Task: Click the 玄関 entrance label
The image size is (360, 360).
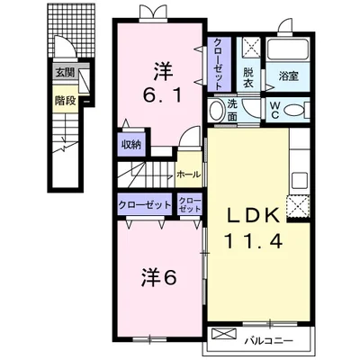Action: pos(66,73)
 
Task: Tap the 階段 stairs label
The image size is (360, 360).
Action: pos(65,101)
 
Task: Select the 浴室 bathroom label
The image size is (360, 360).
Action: pos(288,76)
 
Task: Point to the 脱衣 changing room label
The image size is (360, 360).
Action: pos(248,77)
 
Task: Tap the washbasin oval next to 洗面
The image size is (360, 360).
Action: pos(215,111)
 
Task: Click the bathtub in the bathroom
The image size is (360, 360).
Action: pos(288,49)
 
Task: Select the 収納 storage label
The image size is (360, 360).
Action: pos(131,145)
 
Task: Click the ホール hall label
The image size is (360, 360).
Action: pos(188,175)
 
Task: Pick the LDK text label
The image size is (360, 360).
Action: pos(253,215)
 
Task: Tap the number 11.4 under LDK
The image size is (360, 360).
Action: pos(254,240)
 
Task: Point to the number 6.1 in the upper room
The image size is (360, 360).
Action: pos(162,95)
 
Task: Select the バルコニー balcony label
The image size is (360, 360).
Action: pos(268,341)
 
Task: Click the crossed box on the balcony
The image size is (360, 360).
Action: pos(224,334)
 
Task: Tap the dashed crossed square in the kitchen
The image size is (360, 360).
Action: pos(298,206)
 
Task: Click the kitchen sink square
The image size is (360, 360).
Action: pos(299,180)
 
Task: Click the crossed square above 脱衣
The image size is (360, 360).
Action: pos(250,47)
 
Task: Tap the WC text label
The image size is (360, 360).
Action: pos(275,110)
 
